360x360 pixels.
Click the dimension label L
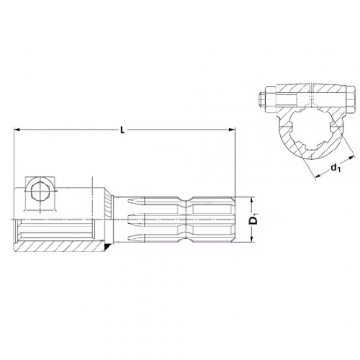122,130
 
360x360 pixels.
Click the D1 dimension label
253,220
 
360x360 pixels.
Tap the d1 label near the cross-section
336,168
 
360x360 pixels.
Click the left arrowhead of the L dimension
17,130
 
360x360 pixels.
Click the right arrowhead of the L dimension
232,130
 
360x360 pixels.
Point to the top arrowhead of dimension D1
252,200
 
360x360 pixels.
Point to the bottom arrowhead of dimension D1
252,239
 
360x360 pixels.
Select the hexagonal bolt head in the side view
40,191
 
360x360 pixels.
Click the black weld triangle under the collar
107,247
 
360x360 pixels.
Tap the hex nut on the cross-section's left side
270,99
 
